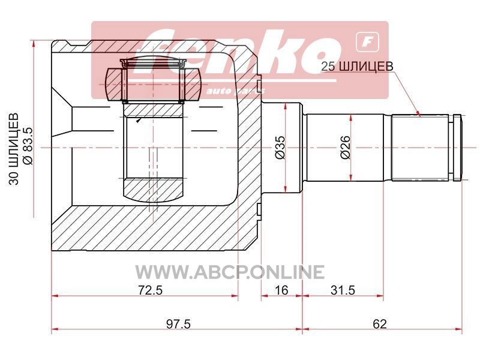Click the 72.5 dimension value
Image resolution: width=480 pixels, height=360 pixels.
(x=150, y=290)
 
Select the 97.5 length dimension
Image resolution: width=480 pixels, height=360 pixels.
(x=178, y=323)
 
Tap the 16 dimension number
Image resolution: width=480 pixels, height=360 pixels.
(x=281, y=290)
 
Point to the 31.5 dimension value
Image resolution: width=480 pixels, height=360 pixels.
(x=343, y=290)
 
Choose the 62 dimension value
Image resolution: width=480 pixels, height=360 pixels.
(x=380, y=323)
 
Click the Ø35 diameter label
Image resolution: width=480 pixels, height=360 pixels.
(x=280, y=147)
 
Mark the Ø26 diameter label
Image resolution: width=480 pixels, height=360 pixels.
(x=345, y=147)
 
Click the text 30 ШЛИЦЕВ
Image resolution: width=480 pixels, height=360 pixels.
(x=13, y=149)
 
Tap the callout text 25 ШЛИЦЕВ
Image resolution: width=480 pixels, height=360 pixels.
(x=357, y=66)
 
